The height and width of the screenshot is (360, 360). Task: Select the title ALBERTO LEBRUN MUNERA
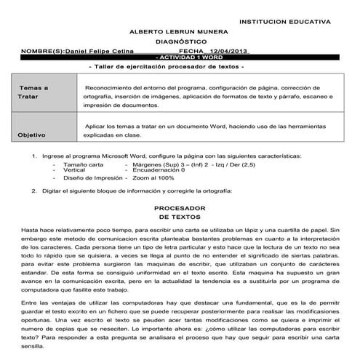click(x=179, y=33)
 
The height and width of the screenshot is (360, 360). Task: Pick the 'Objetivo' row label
click(x=32, y=135)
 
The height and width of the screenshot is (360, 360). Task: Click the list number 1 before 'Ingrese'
click(x=35, y=156)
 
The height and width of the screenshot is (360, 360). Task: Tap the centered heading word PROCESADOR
click(x=180, y=208)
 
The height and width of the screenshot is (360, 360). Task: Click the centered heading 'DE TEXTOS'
click(x=180, y=217)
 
